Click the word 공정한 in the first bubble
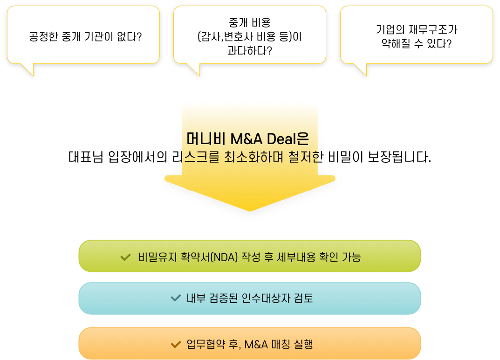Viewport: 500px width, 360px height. (x=43, y=36)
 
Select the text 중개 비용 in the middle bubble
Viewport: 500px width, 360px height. (x=249, y=22)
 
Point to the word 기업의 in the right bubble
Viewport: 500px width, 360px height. (x=389, y=30)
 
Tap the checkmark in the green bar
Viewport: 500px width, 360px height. (x=125, y=257)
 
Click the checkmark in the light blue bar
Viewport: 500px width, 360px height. (x=176, y=298)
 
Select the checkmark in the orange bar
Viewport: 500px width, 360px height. (x=176, y=345)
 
